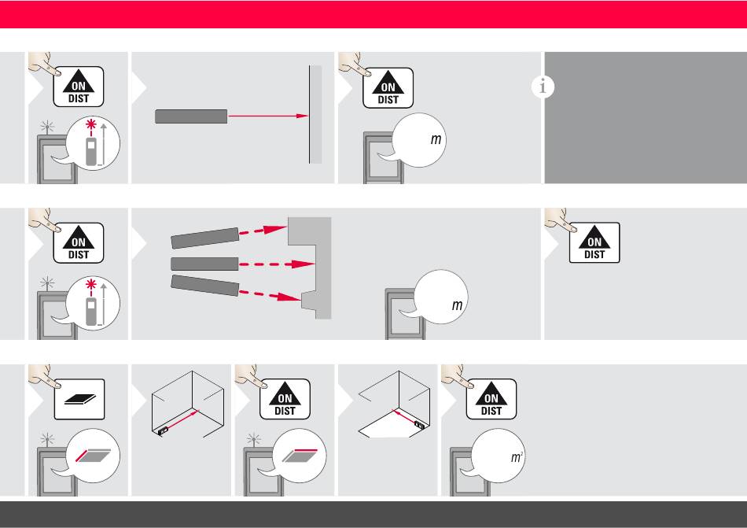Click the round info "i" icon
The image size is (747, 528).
click(x=543, y=87)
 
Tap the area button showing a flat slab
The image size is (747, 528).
click(x=79, y=399)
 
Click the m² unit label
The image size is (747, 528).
click(x=517, y=457)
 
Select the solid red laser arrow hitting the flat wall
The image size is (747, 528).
click(x=268, y=116)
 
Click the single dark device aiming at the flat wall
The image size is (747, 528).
click(x=191, y=116)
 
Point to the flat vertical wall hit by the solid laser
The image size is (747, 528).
click(x=315, y=114)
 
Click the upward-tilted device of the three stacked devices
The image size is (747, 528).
click(x=205, y=238)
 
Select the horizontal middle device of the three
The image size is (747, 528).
click(x=204, y=264)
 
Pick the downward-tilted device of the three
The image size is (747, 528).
click(x=205, y=286)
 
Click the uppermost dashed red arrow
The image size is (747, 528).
click(x=263, y=231)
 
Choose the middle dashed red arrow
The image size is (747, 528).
click(x=276, y=264)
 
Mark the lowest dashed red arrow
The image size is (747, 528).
click(x=270, y=295)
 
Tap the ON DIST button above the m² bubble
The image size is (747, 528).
click(x=491, y=399)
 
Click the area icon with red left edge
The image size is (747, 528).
click(x=94, y=456)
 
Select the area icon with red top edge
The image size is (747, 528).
click(x=300, y=456)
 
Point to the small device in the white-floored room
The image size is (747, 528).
click(x=419, y=424)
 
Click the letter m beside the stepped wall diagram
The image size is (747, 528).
click(x=458, y=305)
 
